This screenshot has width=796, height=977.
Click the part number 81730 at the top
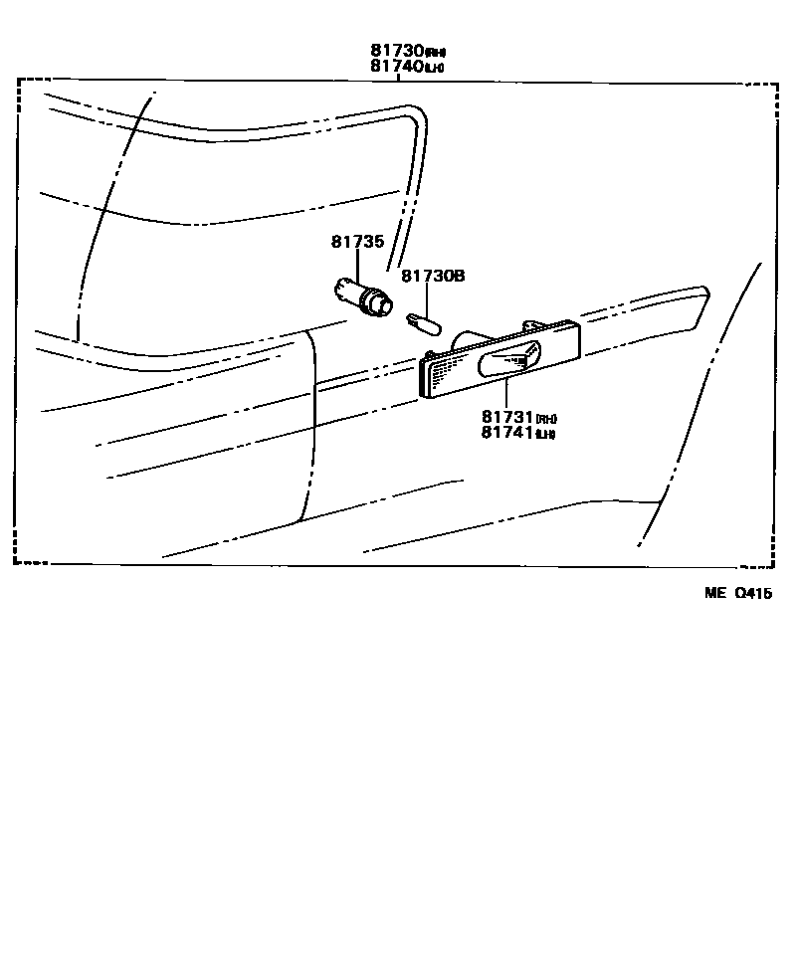[397, 51]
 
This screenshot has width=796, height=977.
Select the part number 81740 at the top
[397, 67]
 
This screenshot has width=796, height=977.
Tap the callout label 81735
[357, 242]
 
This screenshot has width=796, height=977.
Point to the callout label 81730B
[433, 276]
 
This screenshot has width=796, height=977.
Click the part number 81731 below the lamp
[507, 417]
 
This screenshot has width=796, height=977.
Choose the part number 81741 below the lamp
[507, 433]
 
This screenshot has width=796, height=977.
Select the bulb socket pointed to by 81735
[364, 296]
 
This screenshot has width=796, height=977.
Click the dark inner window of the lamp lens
[510, 362]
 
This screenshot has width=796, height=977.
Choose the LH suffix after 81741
[545, 435]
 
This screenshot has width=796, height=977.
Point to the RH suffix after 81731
[545, 419]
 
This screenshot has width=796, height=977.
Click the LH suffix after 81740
[435, 69]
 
